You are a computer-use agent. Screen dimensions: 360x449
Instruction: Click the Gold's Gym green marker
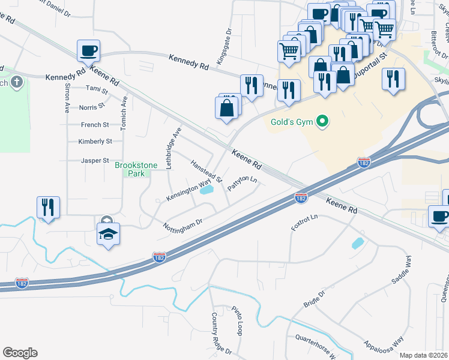322,122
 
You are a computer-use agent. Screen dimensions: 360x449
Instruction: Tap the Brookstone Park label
136,169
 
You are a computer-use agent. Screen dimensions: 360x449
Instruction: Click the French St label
95,125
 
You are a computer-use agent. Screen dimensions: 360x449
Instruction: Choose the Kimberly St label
95,142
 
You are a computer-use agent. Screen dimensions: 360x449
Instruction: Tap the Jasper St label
95,161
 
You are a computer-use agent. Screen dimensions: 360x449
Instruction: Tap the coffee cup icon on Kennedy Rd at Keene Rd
88,51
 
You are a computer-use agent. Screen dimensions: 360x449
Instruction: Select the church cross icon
16,82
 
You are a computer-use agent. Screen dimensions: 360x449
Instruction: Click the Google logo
20,353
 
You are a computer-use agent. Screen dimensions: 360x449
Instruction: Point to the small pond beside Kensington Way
206,190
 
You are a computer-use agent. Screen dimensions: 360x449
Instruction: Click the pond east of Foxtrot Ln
357,243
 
